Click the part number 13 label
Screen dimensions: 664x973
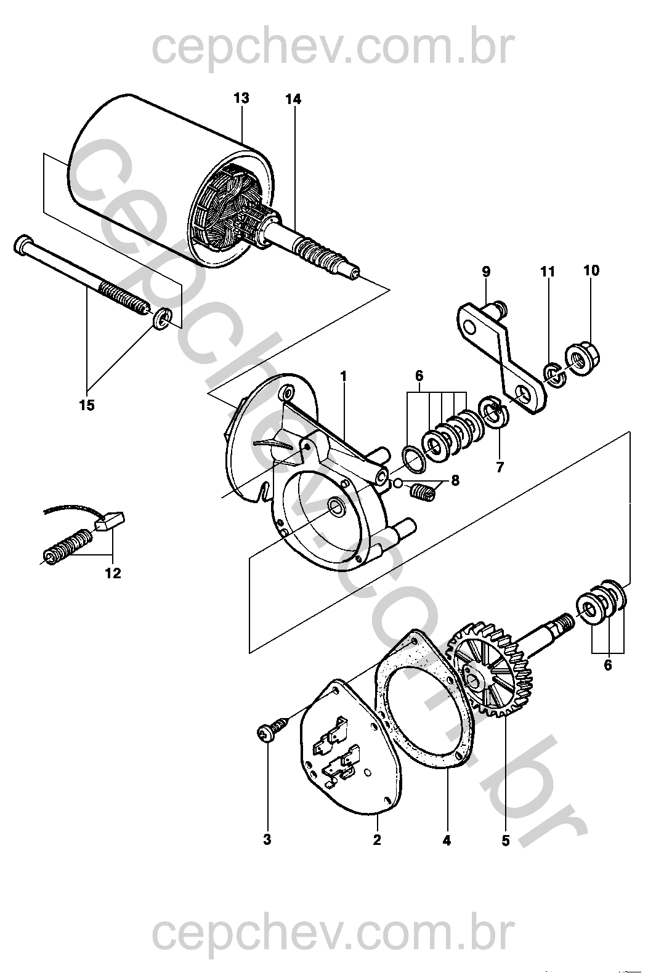[x=241, y=98]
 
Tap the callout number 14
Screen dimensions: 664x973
[x=293, y=100]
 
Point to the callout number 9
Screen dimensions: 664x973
[x=486, y=272]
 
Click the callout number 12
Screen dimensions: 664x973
[x=113, y=573]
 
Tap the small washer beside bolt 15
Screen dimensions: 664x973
[x=161, y=318]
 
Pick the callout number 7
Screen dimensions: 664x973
[x=500, y=467]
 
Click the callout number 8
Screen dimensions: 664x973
[x=455, y=480]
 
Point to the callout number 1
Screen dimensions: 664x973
[x=343, y=376]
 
